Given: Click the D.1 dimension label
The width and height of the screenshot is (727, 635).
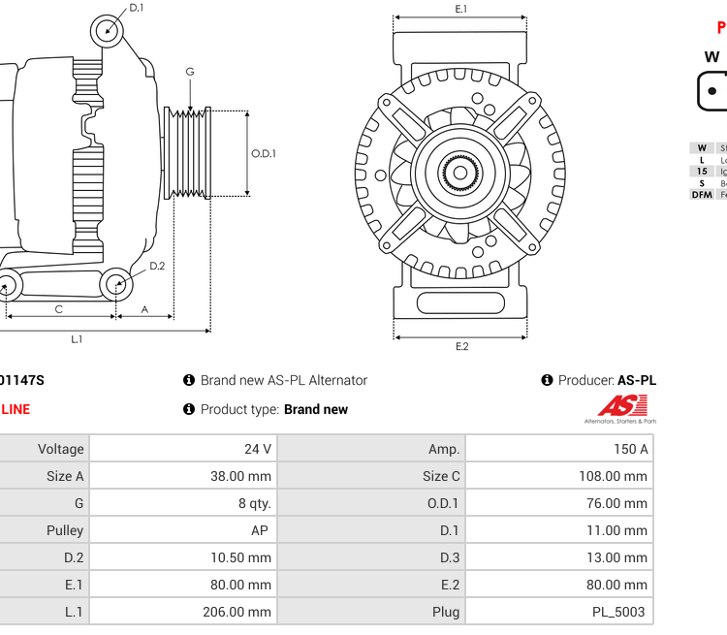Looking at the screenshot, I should [137, 8].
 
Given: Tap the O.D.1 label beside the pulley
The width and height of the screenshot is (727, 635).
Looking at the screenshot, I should [264, 153].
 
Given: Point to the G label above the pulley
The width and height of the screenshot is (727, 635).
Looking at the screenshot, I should [190, 72].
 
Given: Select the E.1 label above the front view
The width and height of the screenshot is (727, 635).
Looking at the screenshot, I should [461, 9].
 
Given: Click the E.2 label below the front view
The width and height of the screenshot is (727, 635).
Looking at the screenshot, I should [461, 347].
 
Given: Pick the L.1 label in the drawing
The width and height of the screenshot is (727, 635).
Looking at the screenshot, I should [77, 339].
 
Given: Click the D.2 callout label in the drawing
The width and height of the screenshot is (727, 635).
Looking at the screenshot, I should [157, 266].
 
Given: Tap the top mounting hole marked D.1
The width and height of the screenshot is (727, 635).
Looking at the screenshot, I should [108, 31].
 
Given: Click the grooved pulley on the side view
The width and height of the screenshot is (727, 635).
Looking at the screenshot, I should [189, 153].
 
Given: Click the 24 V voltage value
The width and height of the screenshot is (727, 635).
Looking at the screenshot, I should [259, 449].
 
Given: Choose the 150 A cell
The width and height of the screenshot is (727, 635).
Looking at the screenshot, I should [630, 449].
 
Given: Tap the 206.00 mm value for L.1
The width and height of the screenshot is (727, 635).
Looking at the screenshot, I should [241, 612].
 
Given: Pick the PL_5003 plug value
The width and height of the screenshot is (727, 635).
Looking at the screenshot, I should [619, 612].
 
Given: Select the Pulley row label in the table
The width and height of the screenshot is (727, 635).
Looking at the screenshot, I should [65, 530].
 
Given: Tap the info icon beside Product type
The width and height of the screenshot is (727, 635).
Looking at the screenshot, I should [189, 409].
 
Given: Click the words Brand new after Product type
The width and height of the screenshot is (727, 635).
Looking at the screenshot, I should [316, 409].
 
